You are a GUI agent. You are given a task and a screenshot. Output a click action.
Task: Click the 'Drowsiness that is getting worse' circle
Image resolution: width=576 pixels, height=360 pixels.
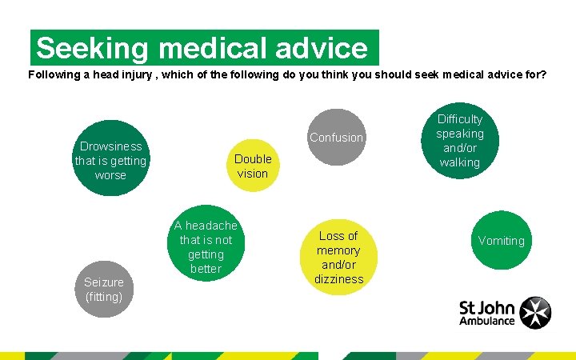(110, 160)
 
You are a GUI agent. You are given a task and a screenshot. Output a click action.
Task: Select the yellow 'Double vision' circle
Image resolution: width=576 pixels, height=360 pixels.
(253, 166)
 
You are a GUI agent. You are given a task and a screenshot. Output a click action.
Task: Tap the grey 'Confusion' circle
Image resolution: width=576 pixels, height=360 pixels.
(337, 138)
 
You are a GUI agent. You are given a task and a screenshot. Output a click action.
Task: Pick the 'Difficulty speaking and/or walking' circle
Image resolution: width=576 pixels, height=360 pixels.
(460, 141)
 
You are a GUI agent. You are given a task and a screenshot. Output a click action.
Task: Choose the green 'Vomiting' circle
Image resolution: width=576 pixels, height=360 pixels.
(502, 240)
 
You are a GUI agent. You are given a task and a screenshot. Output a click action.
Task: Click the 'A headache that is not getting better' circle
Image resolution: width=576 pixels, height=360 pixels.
(206, 247)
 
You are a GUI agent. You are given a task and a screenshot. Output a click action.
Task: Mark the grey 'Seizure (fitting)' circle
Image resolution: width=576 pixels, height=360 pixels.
(104, 289)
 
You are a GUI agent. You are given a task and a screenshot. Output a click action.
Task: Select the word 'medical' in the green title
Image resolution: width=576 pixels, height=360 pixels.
(207, 49)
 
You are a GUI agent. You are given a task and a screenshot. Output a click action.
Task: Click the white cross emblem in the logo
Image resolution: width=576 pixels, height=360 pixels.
(535, 313)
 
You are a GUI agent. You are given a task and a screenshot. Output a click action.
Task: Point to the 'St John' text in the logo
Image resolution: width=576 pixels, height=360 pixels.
(486, 306)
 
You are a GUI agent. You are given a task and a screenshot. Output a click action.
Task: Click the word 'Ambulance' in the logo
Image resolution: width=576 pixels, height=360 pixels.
(486, 321)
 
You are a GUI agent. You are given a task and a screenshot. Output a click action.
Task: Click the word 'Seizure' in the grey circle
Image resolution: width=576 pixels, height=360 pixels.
(104, 282)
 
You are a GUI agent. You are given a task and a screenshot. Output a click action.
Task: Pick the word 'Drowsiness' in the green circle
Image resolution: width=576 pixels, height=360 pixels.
(110, 146)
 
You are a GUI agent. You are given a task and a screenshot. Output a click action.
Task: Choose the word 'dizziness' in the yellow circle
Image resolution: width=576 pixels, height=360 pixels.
(338, 279)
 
